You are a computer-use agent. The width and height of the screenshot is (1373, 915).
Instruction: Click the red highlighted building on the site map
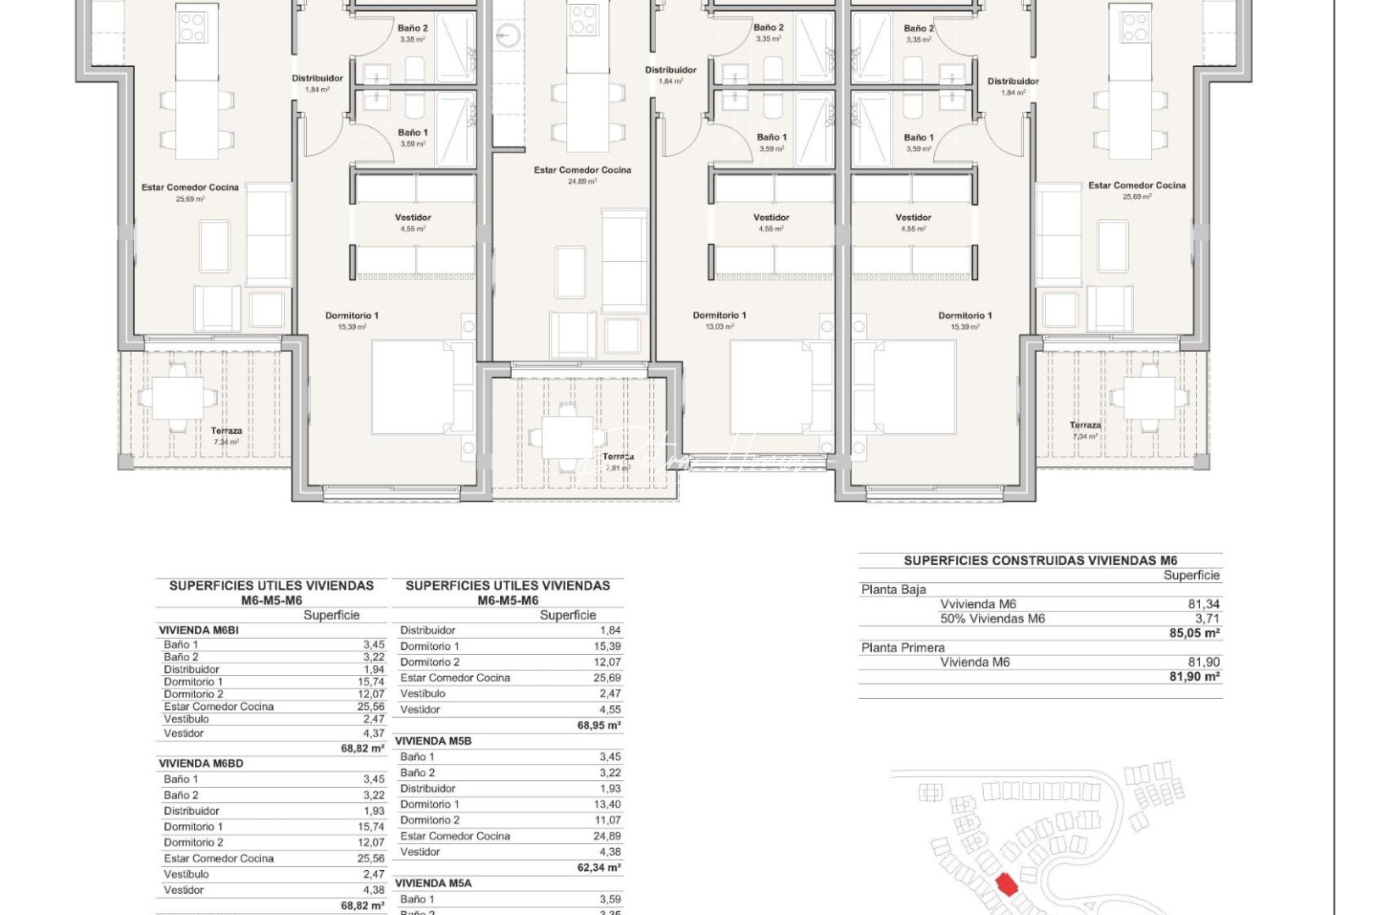(1006, 884)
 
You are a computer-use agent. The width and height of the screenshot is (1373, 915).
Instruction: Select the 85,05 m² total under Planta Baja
(1196, 633)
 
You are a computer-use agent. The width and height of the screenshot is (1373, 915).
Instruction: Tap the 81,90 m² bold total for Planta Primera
(1196, 676)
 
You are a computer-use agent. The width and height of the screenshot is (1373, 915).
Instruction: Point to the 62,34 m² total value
(598, 868)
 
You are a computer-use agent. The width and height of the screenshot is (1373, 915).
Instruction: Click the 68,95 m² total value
(598, 725)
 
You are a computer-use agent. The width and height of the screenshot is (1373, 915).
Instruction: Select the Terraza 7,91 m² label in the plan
(618, 462)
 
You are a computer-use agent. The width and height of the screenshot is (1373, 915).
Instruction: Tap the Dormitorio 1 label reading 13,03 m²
(720, 320)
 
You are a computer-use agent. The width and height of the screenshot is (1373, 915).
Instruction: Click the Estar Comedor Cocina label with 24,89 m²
(582, 175)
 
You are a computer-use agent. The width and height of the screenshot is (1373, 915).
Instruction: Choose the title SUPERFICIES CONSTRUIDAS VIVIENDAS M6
(1040, 560)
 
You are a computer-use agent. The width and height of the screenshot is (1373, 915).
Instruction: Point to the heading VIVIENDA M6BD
(201, 763)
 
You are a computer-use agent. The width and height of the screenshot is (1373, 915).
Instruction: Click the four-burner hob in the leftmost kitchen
(192, 25)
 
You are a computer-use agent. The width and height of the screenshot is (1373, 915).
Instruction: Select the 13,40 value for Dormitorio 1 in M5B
(608, 804)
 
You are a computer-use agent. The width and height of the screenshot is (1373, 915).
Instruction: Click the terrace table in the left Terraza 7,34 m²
(178, 398)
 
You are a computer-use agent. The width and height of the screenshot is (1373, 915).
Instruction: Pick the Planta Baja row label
(893, 589)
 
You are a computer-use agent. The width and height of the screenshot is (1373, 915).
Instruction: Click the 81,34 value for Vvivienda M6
(1203, 604)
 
